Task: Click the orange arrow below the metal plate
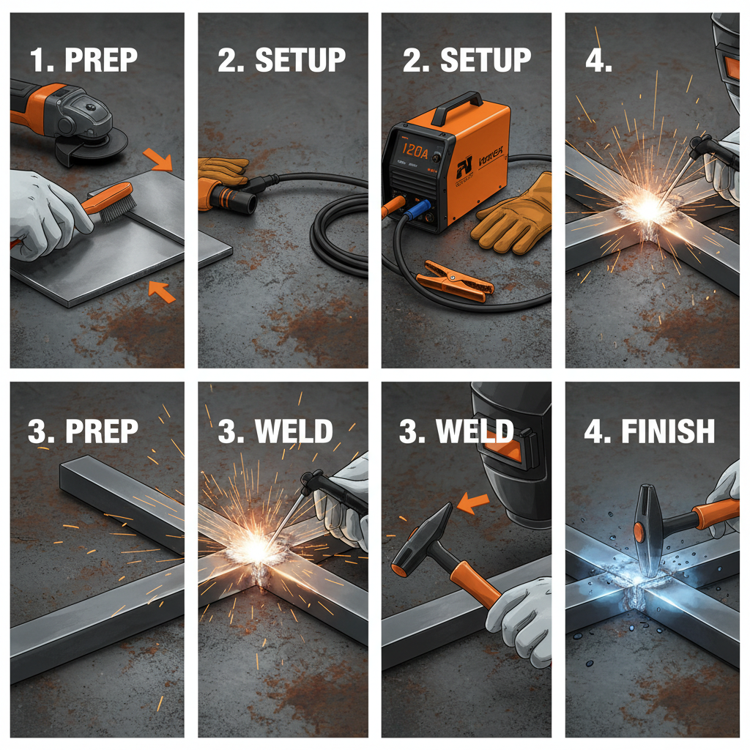[162, 290]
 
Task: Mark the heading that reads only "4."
[598, 60]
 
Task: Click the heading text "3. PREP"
[82, 431]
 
